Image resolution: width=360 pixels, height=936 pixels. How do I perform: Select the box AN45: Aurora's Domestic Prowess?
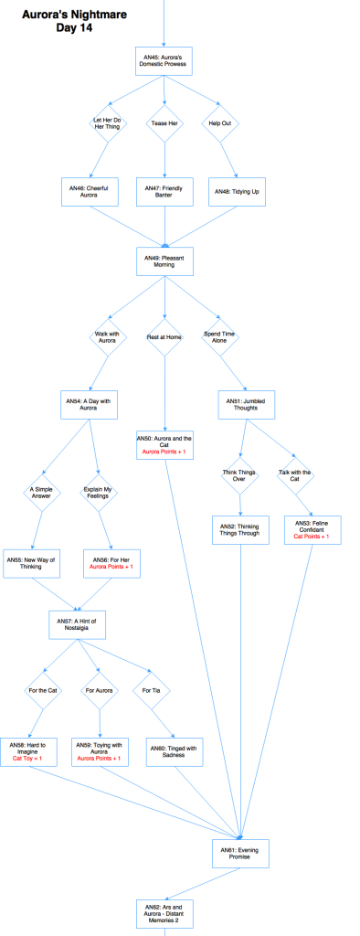click(x=165, y=62)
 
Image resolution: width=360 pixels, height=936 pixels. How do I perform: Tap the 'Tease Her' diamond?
click(x=165, y=123)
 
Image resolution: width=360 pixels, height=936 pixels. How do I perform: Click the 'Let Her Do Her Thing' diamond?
click(x=107, y=123)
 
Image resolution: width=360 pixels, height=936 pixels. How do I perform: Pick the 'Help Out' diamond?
click(x=220, y=123)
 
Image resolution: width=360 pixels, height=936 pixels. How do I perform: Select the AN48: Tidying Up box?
click(x=235, y=192)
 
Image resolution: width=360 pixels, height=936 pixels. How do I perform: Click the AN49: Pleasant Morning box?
click(x=165, y=260)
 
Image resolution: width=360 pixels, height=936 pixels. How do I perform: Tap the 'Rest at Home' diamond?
click(x=165, y=337)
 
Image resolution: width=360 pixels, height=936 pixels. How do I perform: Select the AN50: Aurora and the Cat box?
click(x=165, y=448)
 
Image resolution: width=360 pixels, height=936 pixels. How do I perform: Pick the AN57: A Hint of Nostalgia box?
click(x=78, y=625)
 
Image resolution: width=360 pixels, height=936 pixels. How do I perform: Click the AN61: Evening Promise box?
click(x=241, y=853)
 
